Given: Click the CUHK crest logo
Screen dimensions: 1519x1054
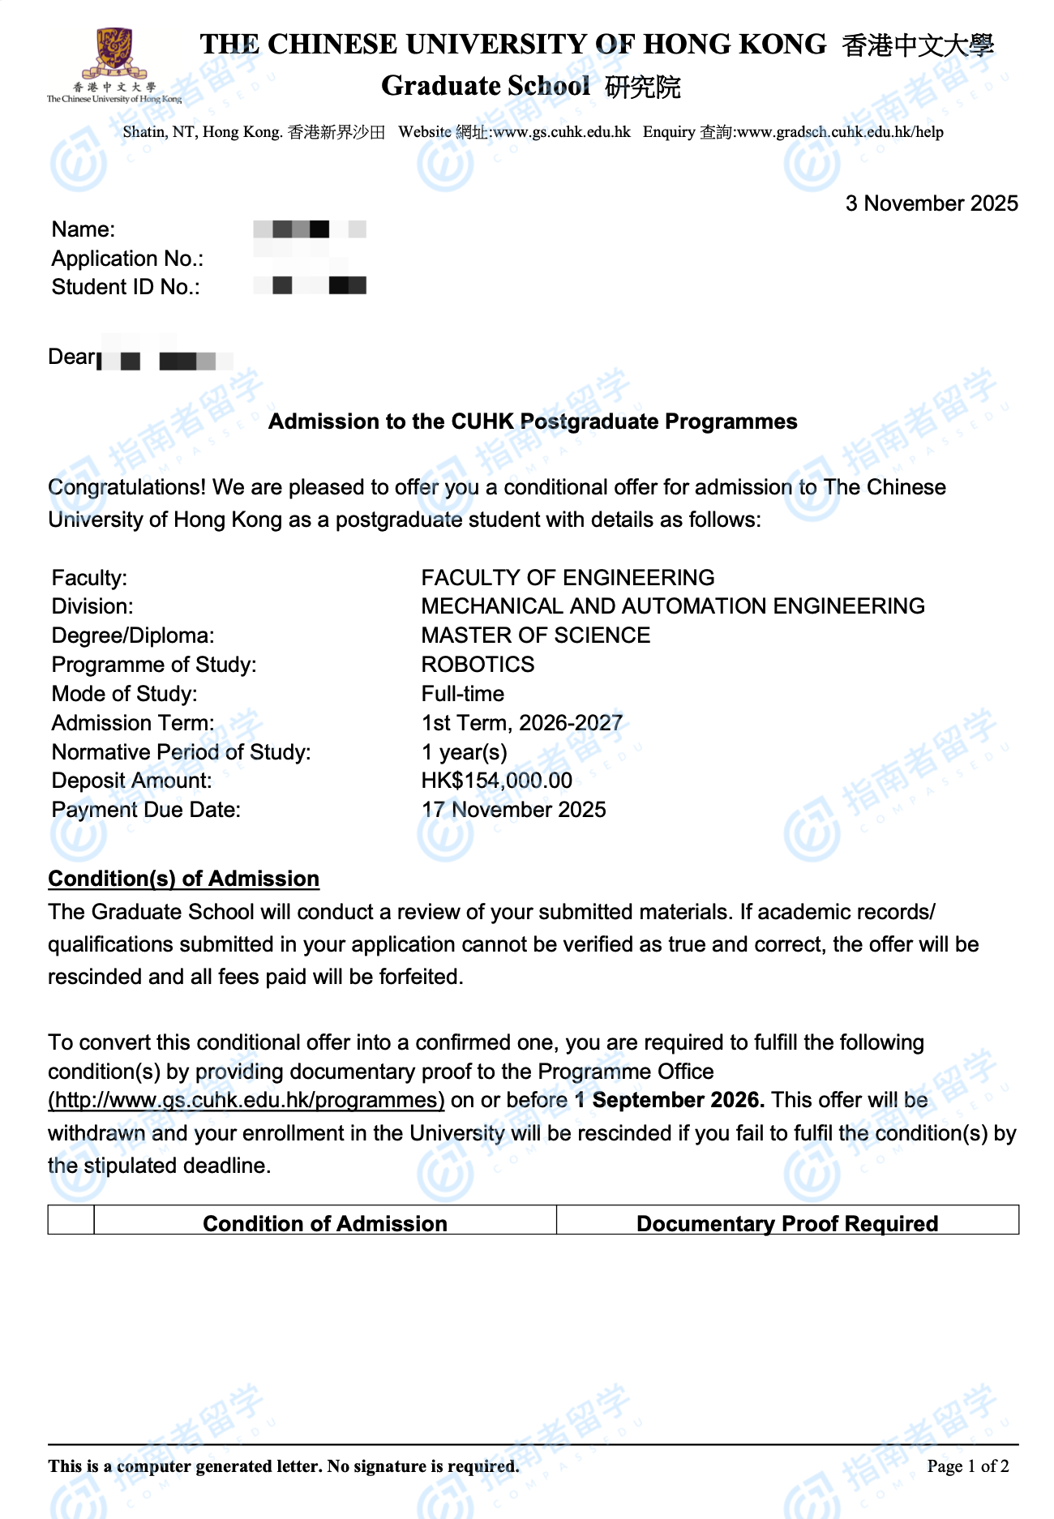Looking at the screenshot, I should pos(115,54).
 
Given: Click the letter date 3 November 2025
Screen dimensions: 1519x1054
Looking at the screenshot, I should pos(931,203).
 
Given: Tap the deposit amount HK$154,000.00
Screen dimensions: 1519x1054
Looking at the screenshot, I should pos(496,781).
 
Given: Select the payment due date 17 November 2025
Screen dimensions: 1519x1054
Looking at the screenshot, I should pos(513,810).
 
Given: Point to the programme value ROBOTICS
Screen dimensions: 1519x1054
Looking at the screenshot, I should pos(478,665).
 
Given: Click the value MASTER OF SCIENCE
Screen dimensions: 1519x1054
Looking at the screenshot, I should pos(535,635).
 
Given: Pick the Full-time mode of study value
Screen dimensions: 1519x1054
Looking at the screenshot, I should pos(462,694).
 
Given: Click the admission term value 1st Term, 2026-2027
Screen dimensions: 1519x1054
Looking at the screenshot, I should pos(521,723).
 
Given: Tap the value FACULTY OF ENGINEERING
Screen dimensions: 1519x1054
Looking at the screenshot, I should pos(568,578).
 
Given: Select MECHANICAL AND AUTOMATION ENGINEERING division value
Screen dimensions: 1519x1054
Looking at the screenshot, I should pos(672,606).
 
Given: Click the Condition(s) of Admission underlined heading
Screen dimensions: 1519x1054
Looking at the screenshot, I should pos(183,879).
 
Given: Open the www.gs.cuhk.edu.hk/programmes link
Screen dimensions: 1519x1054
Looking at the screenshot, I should pos(246,1100).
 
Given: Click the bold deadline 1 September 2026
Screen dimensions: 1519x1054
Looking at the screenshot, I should pos(670,1100).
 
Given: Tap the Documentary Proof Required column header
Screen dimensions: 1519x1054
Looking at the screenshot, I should pos(786,1223).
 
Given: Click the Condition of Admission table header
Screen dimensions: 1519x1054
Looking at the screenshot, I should pos(324,1223).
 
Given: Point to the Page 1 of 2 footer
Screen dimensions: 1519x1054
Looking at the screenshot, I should pos(967,1466).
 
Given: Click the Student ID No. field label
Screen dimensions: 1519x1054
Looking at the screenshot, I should pos(126,287).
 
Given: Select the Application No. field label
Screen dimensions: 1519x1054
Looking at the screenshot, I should pos(127,259).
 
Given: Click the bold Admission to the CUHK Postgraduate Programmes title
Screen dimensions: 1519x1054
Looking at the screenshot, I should pos(533,421).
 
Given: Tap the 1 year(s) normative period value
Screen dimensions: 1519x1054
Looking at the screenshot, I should pos(464,752).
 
